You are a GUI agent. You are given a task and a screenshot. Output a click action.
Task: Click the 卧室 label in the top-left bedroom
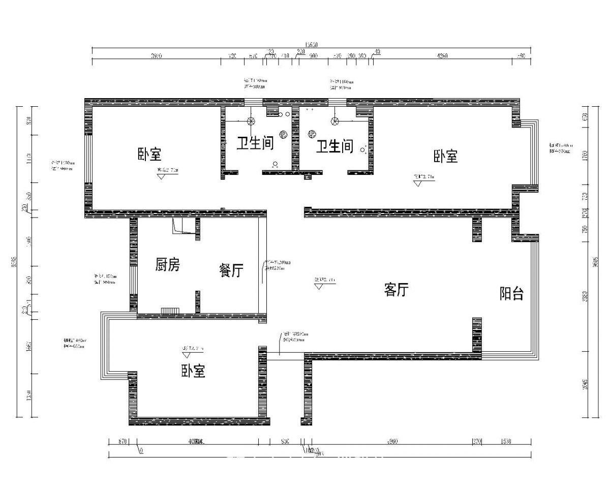click(x=149, y=155)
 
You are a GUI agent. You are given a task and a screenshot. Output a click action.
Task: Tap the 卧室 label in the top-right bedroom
click(x=446, y=156)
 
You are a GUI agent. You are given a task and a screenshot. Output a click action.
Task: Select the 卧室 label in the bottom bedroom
click(x=193, y=372)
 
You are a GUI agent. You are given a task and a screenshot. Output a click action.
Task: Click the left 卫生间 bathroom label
click(x=255, y=143)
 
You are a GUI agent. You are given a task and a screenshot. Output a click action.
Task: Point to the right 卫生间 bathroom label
click(x=334, y=147)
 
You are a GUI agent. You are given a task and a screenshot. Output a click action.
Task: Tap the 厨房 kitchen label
click(x=167, y=265)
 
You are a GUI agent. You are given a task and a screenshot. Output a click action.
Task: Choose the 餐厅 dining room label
click(x=231, y=271)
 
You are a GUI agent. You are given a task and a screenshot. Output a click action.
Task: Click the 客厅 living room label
click(x=396, y=290)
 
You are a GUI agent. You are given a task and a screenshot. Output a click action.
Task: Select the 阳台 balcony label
click(x=511, y=294)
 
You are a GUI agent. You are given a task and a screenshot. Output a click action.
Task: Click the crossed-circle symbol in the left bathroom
click(x=251, y=121)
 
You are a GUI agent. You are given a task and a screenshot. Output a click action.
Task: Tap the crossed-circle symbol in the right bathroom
click(x=335, y=121)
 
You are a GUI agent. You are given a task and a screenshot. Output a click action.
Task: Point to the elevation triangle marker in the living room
click(x=319, y=286)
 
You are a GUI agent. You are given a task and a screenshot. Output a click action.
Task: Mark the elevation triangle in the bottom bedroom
click(x=186, y=354)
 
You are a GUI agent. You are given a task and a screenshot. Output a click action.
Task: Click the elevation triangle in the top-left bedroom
click(x=162, y=177)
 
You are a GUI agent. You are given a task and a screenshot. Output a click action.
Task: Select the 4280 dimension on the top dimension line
click(x=442, y=56)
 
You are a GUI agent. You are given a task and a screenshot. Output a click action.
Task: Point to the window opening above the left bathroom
click(x=252, y=102)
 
